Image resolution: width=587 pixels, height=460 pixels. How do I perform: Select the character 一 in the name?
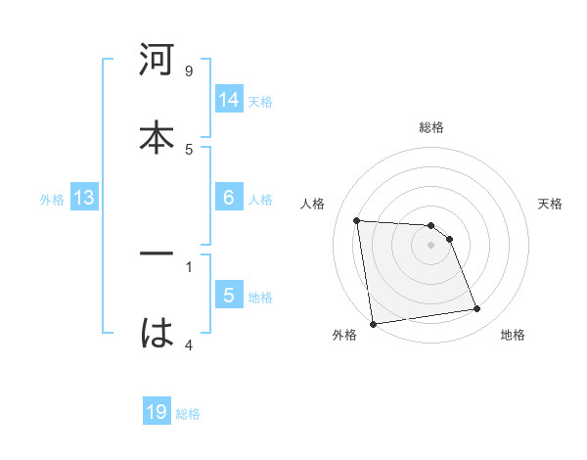coord(157,253)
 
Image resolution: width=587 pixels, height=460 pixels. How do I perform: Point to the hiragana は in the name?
coord(157,334)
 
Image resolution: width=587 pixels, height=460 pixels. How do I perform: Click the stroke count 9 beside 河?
coord(189,71)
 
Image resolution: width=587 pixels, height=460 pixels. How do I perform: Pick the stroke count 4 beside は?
coord(189,345)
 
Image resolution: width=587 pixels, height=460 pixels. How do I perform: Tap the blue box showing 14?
coord(229,99)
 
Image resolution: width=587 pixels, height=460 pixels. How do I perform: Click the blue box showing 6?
coord(229,197)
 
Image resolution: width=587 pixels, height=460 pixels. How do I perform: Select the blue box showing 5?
coord(229,296)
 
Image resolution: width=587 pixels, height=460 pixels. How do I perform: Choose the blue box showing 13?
coord(84,198)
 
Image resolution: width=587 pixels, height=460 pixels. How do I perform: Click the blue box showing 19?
coord(157,412)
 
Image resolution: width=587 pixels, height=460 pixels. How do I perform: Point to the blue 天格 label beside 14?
coord(260,101)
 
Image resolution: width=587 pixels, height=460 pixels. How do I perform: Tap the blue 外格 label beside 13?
coord(52,200)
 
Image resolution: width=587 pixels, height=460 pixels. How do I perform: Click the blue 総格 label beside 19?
coord(188,414)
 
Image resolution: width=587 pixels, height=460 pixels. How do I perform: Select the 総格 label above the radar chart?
coord(431,127)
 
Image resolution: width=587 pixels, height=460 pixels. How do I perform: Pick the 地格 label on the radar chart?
coord(513,335)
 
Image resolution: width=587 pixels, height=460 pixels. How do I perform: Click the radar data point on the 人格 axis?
coord(357,220)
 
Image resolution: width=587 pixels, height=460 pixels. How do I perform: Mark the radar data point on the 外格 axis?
coord(373,323)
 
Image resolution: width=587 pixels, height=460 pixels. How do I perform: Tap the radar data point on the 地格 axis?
coord(477,309)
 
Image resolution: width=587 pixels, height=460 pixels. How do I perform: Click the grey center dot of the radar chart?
coord(431,245)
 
